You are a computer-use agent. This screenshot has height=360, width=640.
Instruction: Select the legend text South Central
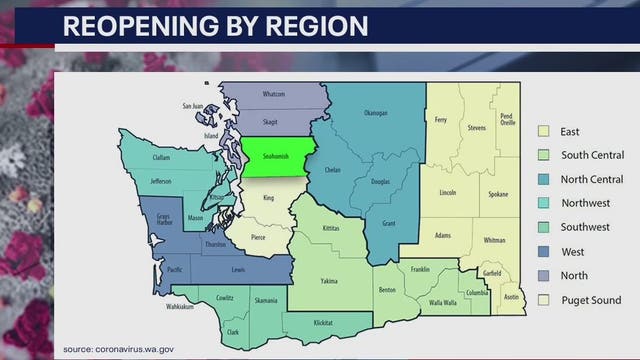coord(593,155)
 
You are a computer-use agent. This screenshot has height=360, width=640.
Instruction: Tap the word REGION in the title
coord(320,25)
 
